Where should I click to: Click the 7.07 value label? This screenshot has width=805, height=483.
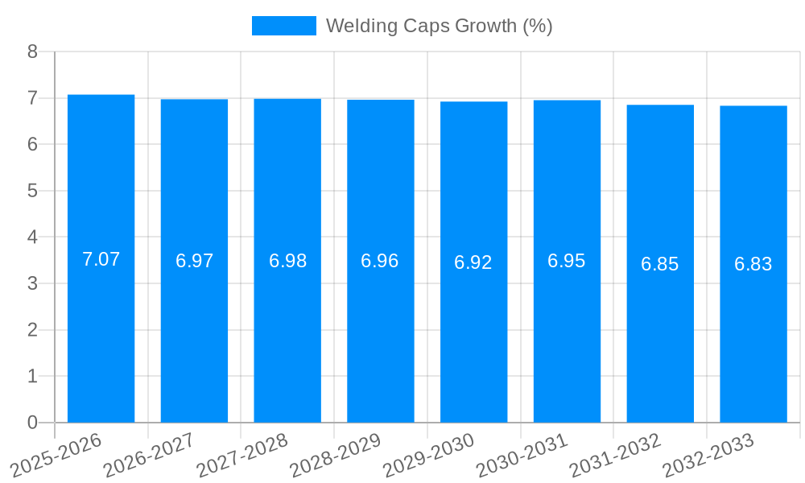tap(101, 259)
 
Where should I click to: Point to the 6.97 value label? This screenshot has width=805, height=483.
tap(195, 261)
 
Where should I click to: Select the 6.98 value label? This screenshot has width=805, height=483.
tap(288, 261)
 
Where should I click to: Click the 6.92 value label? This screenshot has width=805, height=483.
tap(473, 262)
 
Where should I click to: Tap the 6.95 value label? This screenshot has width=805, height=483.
tap(567, 261)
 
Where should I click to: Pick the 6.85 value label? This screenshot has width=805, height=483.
tap(660, 264)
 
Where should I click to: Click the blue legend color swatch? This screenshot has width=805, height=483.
tap(284, 26)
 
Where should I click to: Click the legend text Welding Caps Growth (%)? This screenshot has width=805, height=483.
tap(439, 26)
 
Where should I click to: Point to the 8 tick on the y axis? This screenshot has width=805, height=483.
tap(32, 52)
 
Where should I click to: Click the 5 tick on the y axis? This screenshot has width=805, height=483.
tap(32, 191)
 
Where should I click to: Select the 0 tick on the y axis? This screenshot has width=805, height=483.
tap(32, 423)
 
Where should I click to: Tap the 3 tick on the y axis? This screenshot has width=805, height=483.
tap(32, 283)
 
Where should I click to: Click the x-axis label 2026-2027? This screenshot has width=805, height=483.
tap(149, 455)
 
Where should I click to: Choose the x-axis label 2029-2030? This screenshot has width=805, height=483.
tap(429, 455)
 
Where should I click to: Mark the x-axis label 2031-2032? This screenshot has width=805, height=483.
tap(615, 455)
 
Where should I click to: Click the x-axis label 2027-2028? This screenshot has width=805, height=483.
tap(242, 455)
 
